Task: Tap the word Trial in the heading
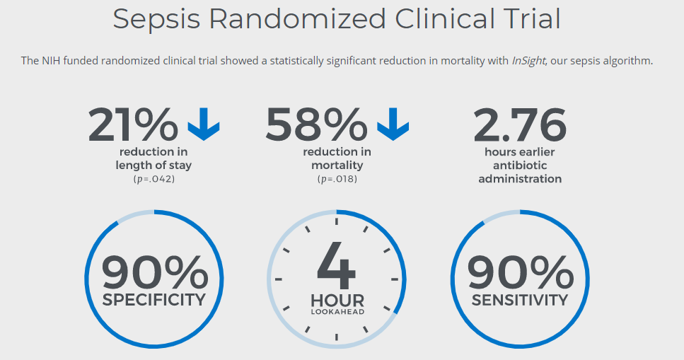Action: pos(526,18)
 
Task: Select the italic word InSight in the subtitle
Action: pos(528,61)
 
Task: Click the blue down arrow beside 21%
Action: pos(204,124)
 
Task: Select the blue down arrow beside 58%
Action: pos(393,124)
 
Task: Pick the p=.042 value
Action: pos(153,179)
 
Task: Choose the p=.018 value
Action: pos(337,179)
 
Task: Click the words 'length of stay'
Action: pos(153,166)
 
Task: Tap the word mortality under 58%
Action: pos(337,166)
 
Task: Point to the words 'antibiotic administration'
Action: pos(520,172)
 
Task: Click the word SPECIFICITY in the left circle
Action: pos(153,299)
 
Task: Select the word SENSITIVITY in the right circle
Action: pos(520,299)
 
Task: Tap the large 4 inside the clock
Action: pos(337,265)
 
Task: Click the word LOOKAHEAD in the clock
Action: pos(337,311)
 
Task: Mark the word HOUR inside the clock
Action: pos(337,300)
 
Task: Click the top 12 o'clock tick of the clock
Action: pos(337,221)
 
